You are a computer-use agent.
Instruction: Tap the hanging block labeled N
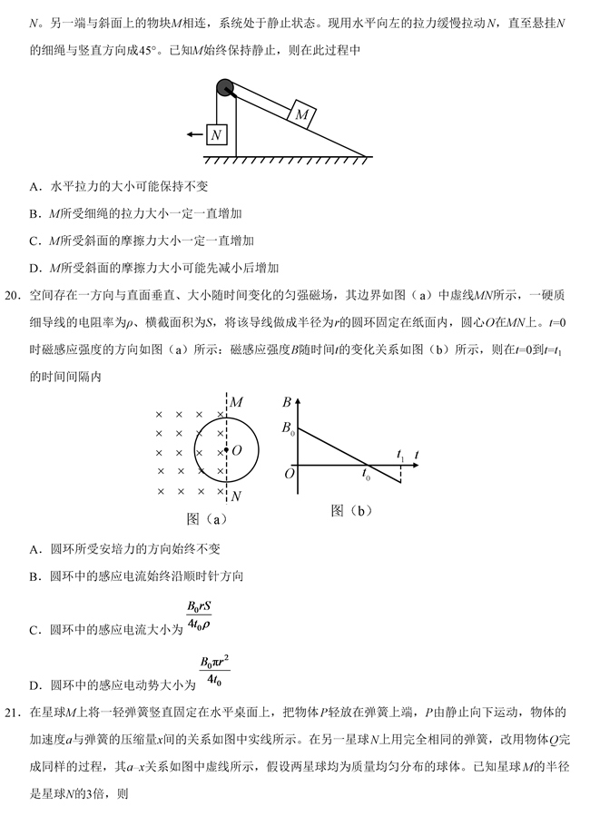(x=215, y=134)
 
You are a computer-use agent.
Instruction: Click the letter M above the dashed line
(x=236, y=401)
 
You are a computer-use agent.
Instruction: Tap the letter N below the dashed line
(x=236, y=497)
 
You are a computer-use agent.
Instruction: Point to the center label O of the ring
(x=236, y=449)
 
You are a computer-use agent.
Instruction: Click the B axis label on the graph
(x=287, y=402)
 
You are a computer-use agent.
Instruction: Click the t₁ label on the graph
(x=400, y=451)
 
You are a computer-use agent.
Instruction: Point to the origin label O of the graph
(x=289, y=473)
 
